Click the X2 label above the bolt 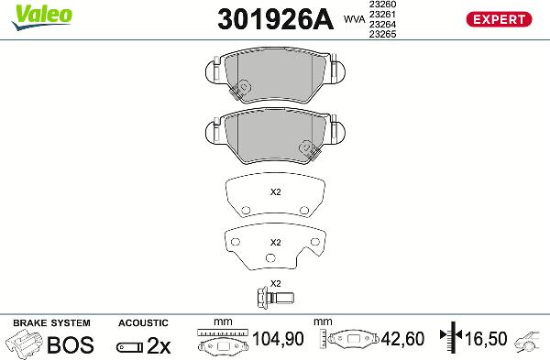tap(275, 282)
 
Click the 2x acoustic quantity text tap(159, 346)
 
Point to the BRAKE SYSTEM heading tap(51, 323)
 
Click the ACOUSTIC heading tap(143, 323)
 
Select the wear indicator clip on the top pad tap(242, 89)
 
